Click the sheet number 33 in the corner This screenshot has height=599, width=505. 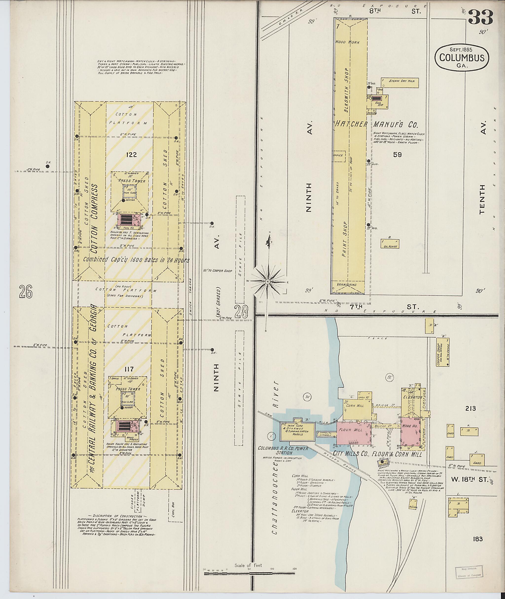(481, 18)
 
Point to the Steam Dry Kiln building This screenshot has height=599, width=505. (400, 82)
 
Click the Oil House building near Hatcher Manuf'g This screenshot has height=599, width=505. (390, 244)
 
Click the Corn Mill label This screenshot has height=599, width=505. (355, 406)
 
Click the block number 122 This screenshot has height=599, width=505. (131, 155)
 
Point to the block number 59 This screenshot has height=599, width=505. (397, 155)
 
